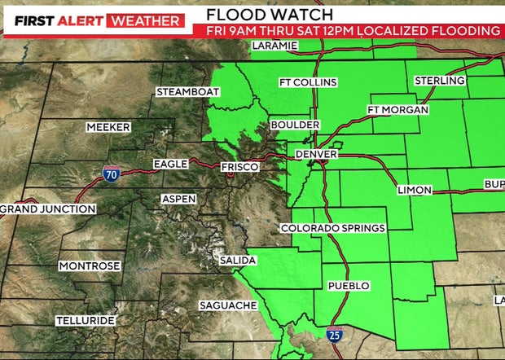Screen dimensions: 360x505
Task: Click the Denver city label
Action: [x=316, y=154]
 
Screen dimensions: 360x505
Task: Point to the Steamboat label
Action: [x=188, y=92]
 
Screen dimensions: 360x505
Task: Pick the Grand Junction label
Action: [x=48, y=209]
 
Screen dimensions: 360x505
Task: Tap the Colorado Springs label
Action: [x=333, y=228]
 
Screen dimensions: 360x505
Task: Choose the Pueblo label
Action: [x=349, y=286]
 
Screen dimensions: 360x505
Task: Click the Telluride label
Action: [x=86, y=321]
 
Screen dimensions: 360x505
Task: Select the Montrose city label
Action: [x=90, y=266]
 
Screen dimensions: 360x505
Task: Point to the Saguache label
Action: [x=229, y=305]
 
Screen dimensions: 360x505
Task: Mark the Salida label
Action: [x=238, y=261]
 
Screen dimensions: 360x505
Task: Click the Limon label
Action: [x=415, y=191]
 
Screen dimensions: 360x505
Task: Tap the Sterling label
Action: [x=440, y=81]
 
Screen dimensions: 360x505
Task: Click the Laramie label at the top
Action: [x=275, y=46]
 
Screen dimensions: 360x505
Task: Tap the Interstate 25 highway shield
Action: [x=334, y=334]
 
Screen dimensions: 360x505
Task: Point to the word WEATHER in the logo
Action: [x=147, y=20]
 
